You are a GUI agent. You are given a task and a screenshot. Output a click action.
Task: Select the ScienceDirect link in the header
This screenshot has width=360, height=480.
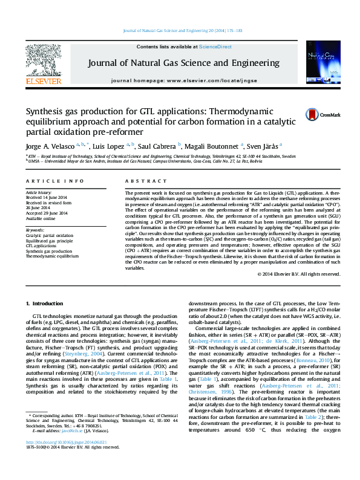point(215,47)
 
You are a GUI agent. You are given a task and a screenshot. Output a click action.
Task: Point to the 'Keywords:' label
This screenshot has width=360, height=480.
point(35,230)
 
